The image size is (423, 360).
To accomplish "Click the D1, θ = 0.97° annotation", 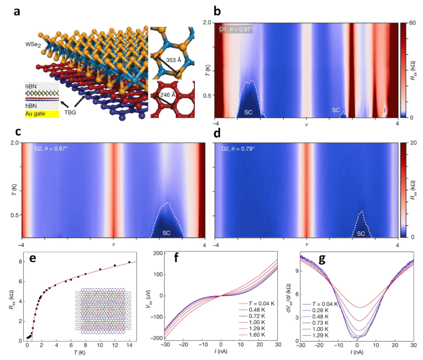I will pyautogui.click(x=236, y=29).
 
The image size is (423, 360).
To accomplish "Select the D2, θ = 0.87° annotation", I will pyautogui.click(x=51, y=149).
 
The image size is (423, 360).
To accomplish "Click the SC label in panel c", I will pyautogui.click(x=166, y=233).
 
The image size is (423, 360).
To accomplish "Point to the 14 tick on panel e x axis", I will pyautogui.click(x=129, y=348).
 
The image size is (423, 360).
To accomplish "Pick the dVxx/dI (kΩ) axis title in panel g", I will pyautogui.click(x=289, y=299).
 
